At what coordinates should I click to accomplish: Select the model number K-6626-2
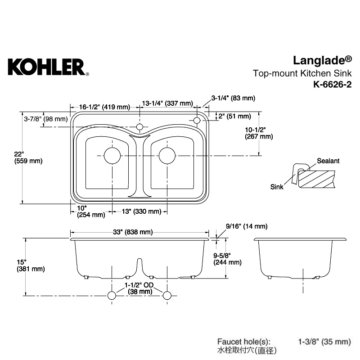point(333,85)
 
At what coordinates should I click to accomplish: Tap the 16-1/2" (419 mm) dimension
point(105,107)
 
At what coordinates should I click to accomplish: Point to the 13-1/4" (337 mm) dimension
point(167,103)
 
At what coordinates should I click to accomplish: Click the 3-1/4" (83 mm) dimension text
point(233,98)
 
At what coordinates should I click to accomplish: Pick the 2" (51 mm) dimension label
point(234,116)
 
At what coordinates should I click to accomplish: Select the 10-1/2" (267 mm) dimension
point(259,133)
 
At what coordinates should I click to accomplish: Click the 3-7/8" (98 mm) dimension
point(46,119)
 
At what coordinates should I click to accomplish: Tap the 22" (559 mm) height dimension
point(28,157)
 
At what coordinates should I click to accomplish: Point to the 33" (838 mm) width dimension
point(133,232)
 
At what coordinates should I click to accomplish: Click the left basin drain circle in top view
point(112,156)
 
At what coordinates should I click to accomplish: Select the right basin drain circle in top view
point(167,156)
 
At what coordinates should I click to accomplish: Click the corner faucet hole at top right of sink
point(197,120)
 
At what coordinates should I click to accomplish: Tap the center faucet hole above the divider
point(139,127)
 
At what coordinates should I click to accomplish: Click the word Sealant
point(328,161)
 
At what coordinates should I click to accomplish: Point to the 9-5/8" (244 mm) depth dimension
point(227,259)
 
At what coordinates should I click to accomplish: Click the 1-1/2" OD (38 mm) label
point(139,288)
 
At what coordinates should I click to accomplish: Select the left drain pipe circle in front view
point(112,296)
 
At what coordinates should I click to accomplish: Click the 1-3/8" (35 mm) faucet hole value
point(324,342)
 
